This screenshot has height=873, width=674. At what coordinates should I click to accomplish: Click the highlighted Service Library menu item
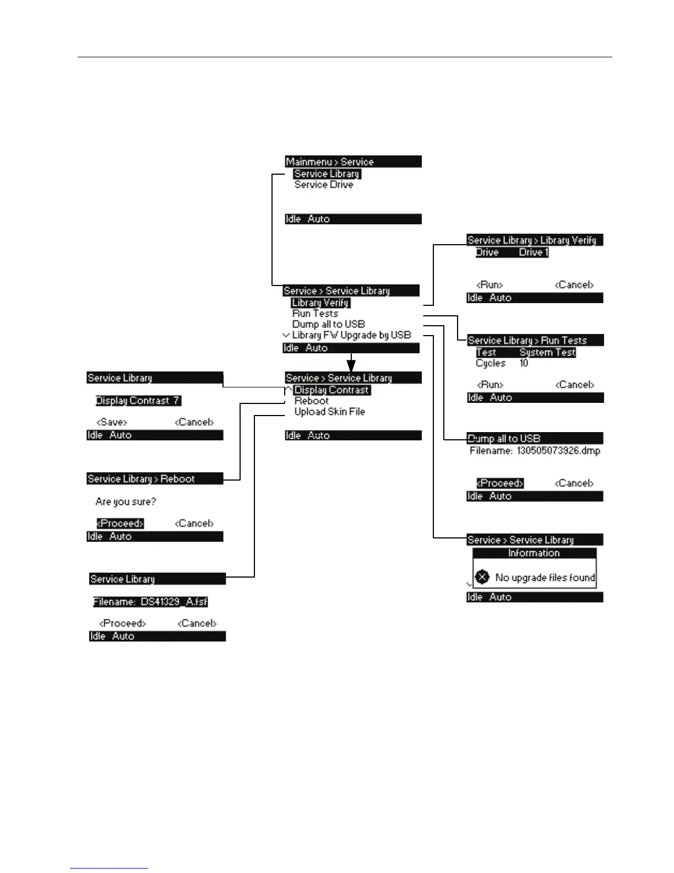coord(327,174)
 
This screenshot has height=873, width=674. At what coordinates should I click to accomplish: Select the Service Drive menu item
coord(324,185)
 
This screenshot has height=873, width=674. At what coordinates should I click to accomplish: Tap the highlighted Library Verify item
coord(320,303)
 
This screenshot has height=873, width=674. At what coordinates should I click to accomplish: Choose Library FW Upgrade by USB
coord(351,335)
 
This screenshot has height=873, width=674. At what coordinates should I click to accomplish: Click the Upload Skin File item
coord(329,412)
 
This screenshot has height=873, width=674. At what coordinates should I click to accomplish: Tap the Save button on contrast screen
coord(112,422)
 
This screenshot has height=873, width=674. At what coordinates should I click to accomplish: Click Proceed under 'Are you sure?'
coord(120,524)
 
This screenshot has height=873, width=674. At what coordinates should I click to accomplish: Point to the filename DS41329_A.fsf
coord(150,602)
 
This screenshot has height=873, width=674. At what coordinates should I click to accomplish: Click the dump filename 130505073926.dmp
coord(558,451)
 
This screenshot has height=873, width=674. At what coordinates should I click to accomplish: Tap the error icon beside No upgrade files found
coord(482,577)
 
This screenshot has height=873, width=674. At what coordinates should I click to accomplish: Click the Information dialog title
coord(534,553)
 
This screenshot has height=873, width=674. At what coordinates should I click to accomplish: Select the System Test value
coord(547,352)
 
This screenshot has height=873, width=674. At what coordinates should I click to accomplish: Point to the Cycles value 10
coord(524,363)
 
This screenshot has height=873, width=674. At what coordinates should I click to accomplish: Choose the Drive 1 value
coord(534,252)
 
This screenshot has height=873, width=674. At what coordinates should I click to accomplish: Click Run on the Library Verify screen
coord(490,285)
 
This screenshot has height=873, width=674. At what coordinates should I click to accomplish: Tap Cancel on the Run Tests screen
coord(574,385)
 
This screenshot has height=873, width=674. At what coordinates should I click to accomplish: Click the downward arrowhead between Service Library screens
coord(351,365)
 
